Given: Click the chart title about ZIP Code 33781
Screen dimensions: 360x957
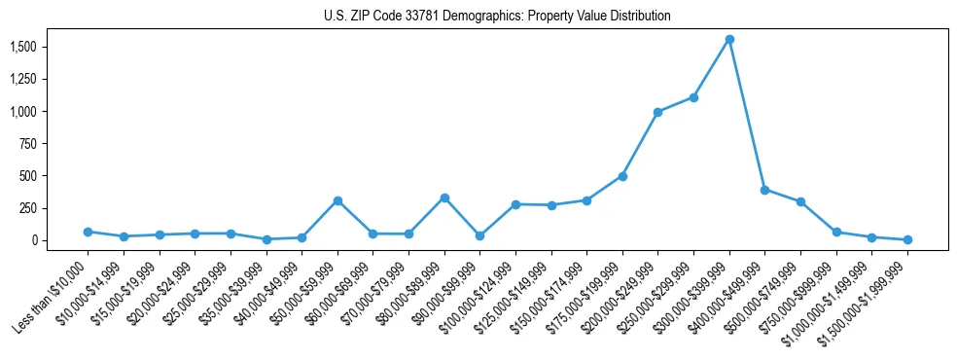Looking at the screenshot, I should pos(497,17).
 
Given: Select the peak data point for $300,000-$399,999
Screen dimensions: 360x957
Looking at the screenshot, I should pos(729,39).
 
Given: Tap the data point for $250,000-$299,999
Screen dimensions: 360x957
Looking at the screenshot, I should pos(693,97).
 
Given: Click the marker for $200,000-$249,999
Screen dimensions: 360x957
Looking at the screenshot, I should pos(658,112).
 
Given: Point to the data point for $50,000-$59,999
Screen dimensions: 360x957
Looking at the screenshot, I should pos(337,200).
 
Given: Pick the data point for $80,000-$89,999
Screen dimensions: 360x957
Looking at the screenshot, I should pos(444,198).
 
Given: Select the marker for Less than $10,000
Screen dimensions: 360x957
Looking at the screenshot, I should pos(88,232).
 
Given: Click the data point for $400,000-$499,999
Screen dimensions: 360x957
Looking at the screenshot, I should pos(765,190).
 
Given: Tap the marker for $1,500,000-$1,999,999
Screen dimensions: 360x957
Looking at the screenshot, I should pos(907,239).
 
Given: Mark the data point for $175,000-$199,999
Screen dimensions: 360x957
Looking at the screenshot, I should pos(622,176).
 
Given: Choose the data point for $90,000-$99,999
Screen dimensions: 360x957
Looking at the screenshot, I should pos(479,235).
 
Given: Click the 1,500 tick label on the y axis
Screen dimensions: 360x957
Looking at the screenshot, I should pos(22,47).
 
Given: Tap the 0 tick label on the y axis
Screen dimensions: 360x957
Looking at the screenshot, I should pos(33,240).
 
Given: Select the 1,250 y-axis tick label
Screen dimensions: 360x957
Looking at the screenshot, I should pos(22,79).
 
